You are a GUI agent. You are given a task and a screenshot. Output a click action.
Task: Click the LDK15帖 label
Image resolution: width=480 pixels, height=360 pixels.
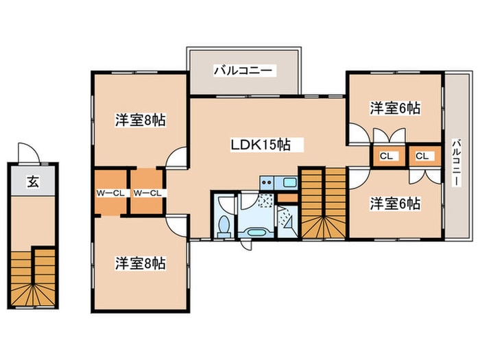click(x=261, y=145)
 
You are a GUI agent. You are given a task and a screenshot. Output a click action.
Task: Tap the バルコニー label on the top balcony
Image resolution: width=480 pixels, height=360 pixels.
click(x=243, y=70)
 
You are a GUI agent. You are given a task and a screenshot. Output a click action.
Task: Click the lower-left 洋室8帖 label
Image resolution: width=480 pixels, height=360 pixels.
click(x=140, y=262)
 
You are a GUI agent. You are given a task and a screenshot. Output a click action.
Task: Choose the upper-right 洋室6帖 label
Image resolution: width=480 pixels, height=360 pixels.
click(x=395, y=108)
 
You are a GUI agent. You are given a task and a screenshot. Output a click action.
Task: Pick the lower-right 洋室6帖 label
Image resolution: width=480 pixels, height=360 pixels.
click(x=395, y=204)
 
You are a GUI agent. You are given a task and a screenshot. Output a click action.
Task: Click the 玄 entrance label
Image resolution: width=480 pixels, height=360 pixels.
click(x=32, y=182)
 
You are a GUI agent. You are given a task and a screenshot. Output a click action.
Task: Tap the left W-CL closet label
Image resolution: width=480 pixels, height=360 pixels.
click(x=110, y=193)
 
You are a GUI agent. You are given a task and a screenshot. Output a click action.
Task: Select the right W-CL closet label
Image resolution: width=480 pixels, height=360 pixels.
click(x=147, y=193)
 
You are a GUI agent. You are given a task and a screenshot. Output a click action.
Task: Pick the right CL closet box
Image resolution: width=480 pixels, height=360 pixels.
click(x=422, y=156)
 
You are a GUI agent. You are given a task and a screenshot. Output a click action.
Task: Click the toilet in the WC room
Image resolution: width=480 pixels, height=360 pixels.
click(x=224, y=225)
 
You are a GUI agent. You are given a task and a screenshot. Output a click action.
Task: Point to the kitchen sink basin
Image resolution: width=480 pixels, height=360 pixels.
click(x=289, y=183)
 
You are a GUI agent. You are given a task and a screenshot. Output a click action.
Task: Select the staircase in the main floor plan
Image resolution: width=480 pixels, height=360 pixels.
click(x=324, y=203)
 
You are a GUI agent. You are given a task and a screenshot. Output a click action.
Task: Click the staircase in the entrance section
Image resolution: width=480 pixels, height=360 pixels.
click(x=32, y=278)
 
